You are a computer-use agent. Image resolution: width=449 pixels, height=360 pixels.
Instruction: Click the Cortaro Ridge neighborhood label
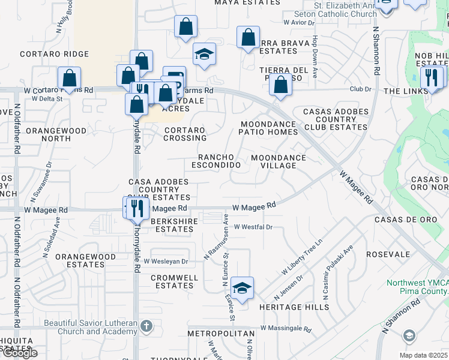click(x=54, y=54)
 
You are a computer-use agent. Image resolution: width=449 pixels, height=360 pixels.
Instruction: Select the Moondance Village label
click(x=279, y=162)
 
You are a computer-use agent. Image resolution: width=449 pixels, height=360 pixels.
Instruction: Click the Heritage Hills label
click(x=294, y=307)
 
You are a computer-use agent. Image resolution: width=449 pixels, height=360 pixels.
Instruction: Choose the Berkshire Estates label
click(x=172, y=225)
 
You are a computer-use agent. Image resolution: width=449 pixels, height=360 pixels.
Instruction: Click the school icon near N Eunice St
click(x=242, y=288)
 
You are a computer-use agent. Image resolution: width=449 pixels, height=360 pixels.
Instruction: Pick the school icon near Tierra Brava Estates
click(x=204, y=55)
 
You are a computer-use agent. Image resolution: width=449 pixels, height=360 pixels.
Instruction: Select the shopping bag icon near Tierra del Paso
click(x=280, y=85)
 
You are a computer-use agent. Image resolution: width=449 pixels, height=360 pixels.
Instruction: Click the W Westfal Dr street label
click(x=253, y=227)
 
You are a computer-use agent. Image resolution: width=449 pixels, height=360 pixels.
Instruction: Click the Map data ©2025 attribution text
click(x=424, y=355)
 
